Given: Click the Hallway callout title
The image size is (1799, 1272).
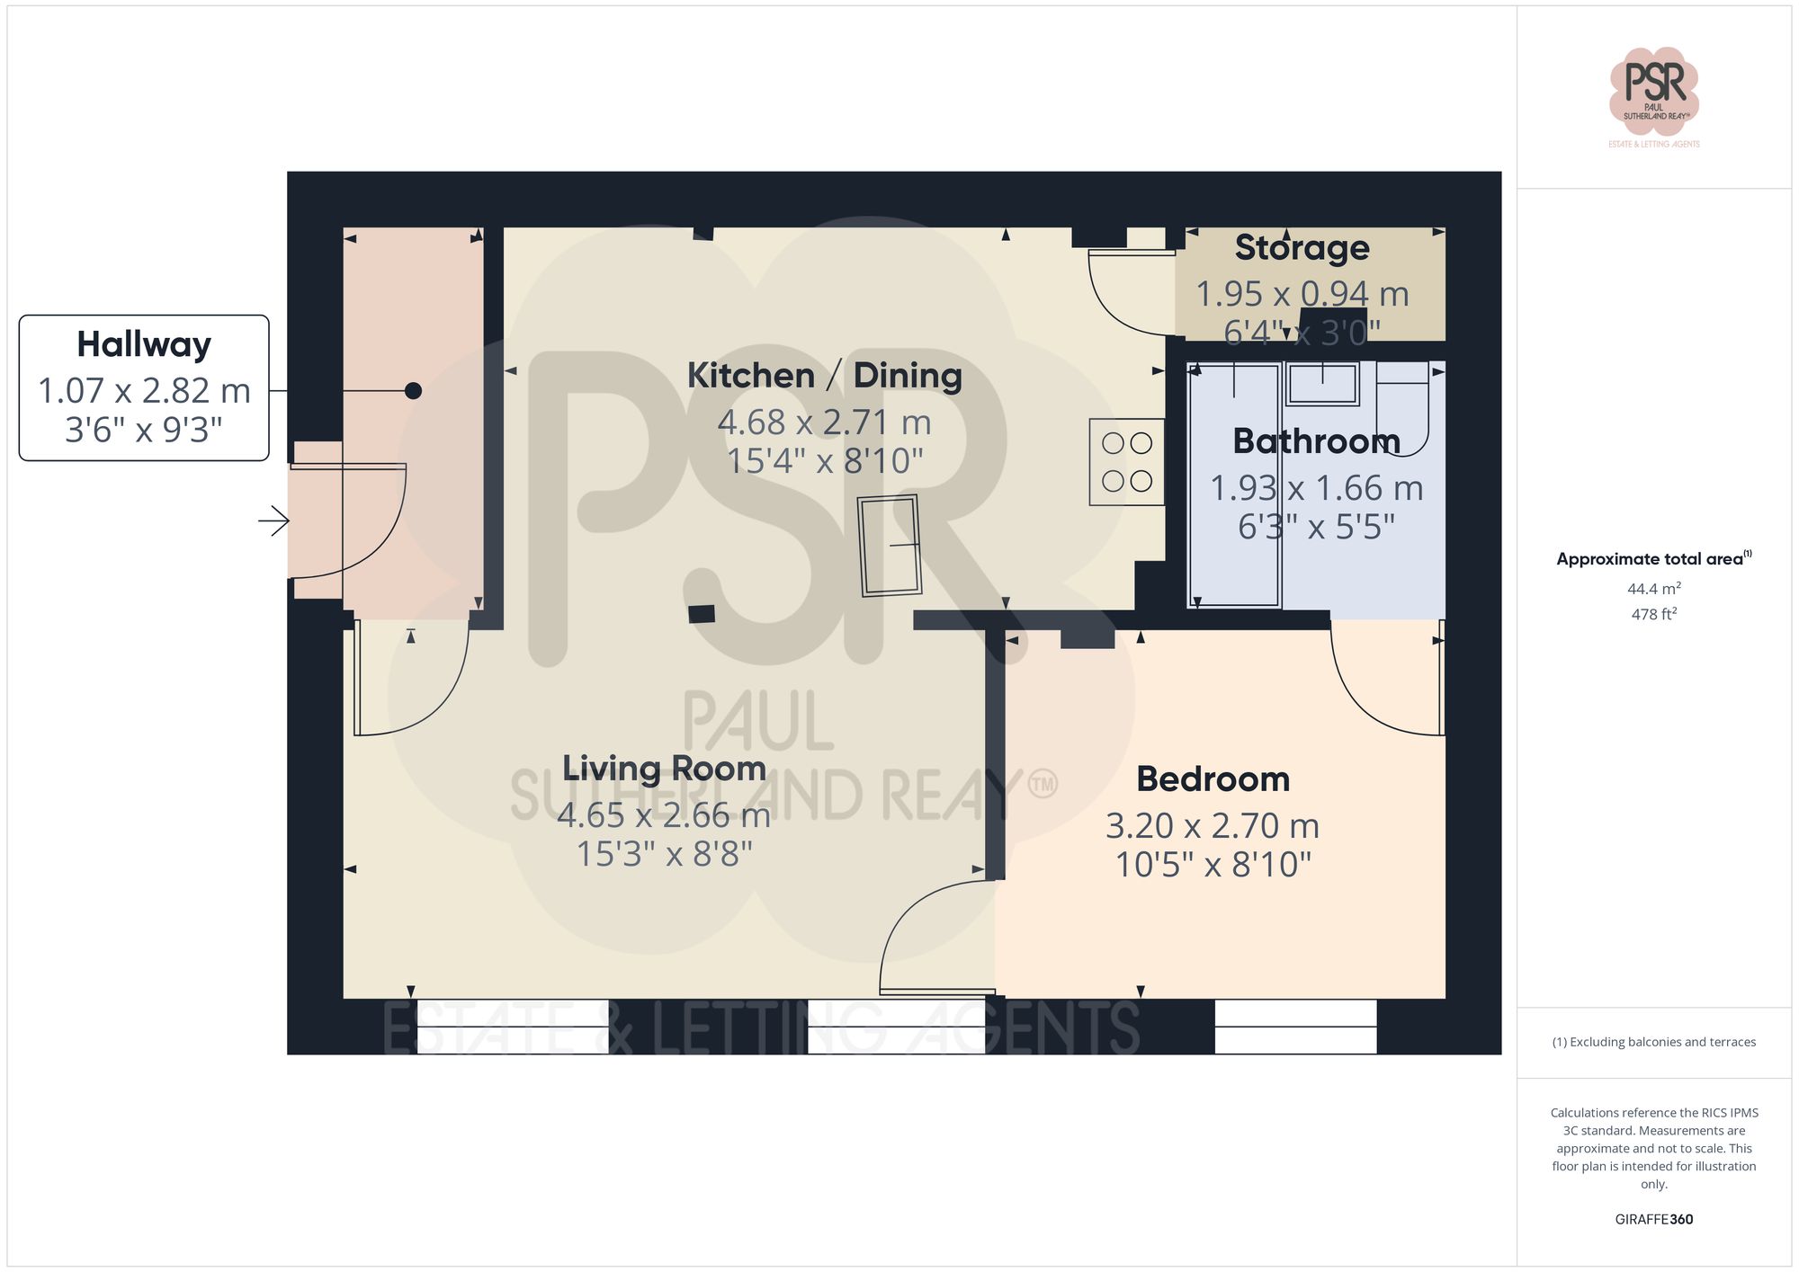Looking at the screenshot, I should tap(144, 345).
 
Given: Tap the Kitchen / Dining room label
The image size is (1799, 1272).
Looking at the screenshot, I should tap(824, 376).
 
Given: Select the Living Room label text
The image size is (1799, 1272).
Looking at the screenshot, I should tap(664, 769).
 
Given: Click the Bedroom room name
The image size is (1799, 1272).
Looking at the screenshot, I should tap(1213, 779).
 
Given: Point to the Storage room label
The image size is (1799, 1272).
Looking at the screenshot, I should tap(1302, 248).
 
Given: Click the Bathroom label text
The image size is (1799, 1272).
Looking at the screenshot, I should tap(1316, 441).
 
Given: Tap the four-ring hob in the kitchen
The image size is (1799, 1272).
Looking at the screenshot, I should tap(1127, 462).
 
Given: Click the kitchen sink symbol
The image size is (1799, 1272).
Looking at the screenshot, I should tap(890, 545).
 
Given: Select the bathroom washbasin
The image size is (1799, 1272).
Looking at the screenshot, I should tap(1321, 384).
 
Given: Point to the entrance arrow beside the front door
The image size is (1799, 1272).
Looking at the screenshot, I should tap(274, 520).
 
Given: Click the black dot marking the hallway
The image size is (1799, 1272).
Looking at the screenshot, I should tap(413, 391).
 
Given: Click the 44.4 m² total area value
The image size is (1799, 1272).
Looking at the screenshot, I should tap(1653, 589).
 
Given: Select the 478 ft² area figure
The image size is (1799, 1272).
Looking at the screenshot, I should tap(1653, 615).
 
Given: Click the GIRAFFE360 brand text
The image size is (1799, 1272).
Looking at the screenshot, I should tap(1653, 1220).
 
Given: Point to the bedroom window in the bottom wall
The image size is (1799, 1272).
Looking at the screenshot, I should tap(1295, 1026).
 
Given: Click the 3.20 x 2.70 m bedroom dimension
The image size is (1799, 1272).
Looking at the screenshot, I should tap(1213, 825).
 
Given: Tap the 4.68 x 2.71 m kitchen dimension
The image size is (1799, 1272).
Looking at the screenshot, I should tap(824, 423).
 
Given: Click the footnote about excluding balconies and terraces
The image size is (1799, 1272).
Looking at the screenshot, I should tap(1653, 1043).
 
